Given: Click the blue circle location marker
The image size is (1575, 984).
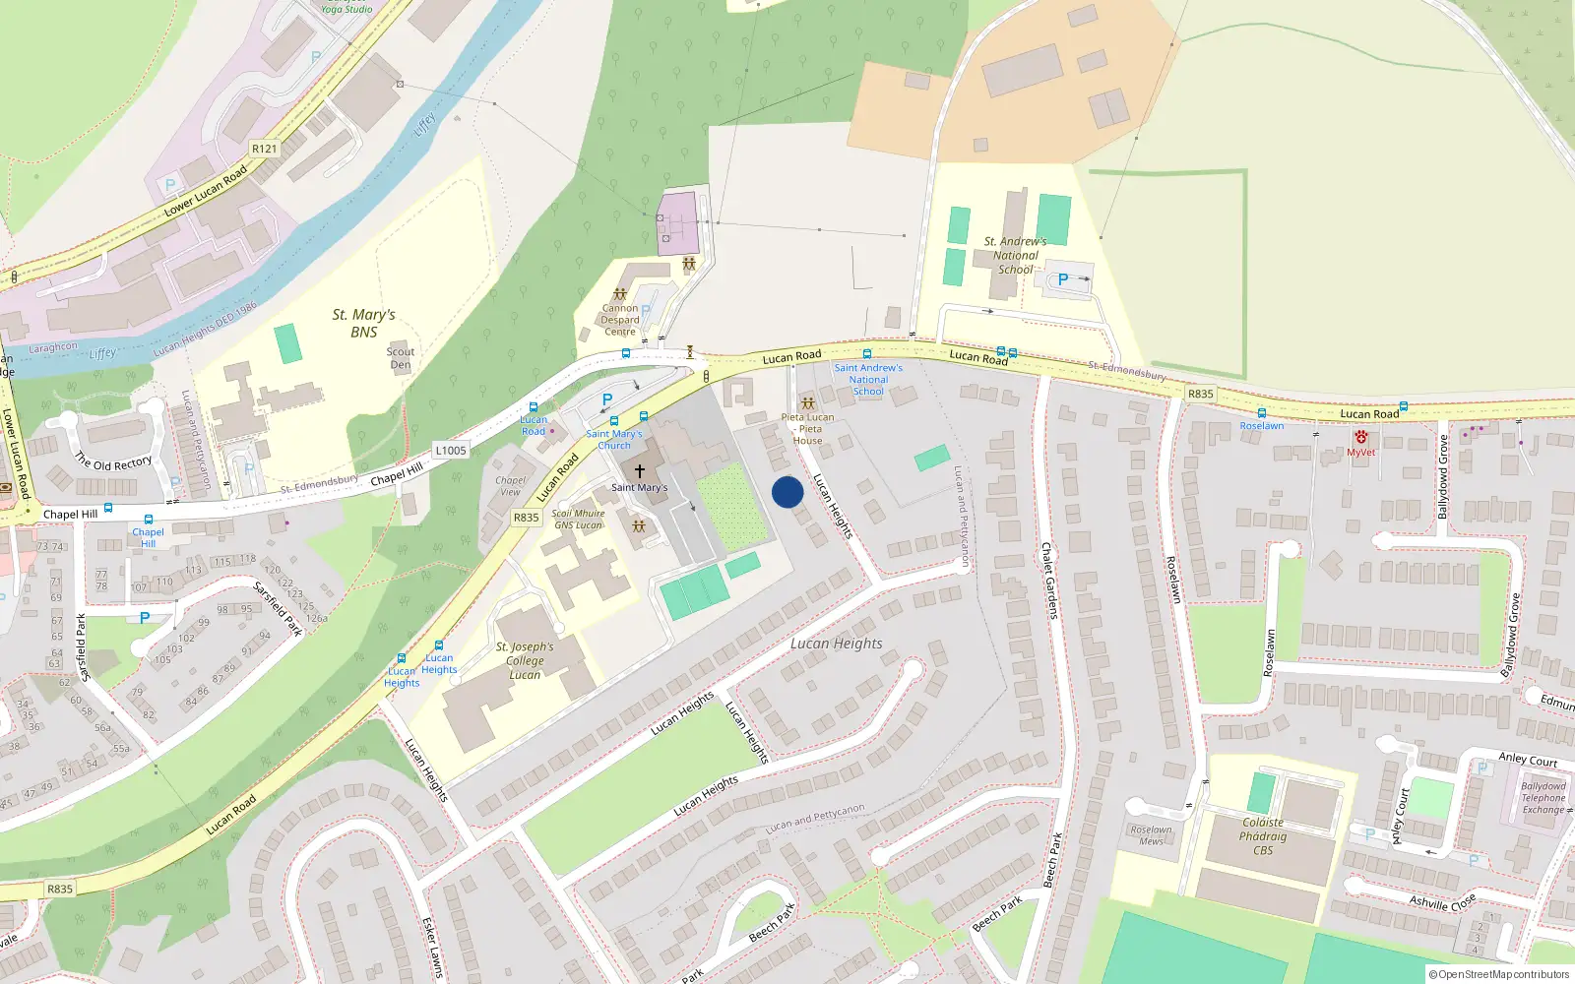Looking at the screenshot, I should click(x=787, y=492).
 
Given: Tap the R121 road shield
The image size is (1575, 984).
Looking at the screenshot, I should click(x=264, y=149).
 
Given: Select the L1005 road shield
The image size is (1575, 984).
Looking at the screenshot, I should click(x=450, y=451).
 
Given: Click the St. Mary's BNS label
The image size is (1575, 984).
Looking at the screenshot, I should click(x=363, y=323).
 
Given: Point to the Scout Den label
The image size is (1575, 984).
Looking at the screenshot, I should click(x=401, y=358).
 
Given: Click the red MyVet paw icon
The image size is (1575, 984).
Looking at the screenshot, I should click(x=1360, y=437).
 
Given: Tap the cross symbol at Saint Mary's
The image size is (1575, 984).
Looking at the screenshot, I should click(x=640, y=471).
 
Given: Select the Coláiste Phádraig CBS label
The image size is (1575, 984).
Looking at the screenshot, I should click(x=1263, y=836).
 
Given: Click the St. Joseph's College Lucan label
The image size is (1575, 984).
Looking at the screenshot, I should click(x=525, y=660).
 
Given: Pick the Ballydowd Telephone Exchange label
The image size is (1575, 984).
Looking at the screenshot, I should click(x=1543, y=798).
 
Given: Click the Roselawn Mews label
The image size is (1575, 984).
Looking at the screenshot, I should click(x=1151, y=835).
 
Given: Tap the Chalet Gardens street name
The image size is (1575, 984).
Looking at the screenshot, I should click(x=1049, y=581).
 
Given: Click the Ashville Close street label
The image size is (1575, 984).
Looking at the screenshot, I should click(x=1442, y=901).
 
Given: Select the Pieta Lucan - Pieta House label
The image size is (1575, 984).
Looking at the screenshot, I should click(x=808, y=429).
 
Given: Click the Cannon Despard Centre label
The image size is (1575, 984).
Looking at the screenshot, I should click(x=620, y=320).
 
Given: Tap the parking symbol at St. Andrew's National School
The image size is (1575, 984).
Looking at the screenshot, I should click(x=1063, y=279).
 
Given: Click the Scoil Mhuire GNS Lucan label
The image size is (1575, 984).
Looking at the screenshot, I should click(x=578, y=519).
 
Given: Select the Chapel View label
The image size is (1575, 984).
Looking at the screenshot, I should click(x=510, y=486).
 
